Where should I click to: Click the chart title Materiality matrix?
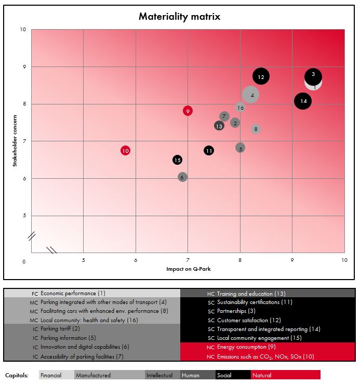pyautogui.click(x=179, y=17)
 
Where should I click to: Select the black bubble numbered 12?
pyautogui.click(x=261, y=77)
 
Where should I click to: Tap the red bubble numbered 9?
pyautogui.click(x=188, y=111)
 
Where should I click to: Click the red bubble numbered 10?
pyautogui.click(x=125, y=151)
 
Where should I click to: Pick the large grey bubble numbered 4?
pyautogui.click(x=251, y=95)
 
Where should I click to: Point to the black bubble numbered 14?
pyautogui.click(x=303, y=101)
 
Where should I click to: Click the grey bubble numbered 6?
pyautogui.click(x=182, y=177)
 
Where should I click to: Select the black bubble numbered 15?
pyautogui.click(x=177, y=160)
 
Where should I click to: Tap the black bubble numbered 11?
pyautogui.click(x=209, y=151)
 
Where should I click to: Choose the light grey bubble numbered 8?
pyautogui.click(x=256, y=129)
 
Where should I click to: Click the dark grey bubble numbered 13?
pyautogui.click(x=219, y=126)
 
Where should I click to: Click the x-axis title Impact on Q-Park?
pyautogui.click(x=188, y=269)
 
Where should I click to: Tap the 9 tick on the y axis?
pyautogui.click(x=23, y=67)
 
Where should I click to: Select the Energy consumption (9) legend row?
pyautogui.click(x=247, y=347)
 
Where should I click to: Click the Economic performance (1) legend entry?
pyautogui.click(x=73, y=294)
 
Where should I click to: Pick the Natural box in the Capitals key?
pyautogui.click(x=285, y=375)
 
